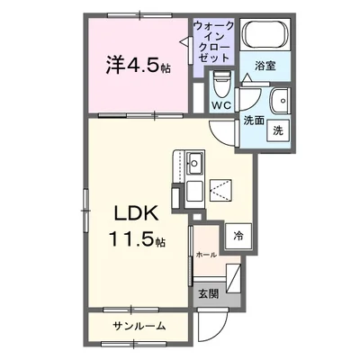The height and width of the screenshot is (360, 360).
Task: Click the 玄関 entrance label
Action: click(208, 292)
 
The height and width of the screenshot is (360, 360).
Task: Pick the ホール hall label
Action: click(207, 255)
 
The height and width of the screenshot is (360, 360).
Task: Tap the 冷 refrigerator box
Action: click(238, 237)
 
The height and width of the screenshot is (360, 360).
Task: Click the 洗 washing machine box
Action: click(279, 129)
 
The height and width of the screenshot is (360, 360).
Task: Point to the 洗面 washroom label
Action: click(251, 120)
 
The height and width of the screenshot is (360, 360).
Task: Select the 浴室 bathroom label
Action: click(264, 66)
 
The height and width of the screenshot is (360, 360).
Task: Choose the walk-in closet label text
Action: click(214, 40)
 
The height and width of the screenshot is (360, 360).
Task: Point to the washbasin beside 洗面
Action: click(281, 100)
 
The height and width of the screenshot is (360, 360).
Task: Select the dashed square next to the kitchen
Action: click(220, 188)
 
